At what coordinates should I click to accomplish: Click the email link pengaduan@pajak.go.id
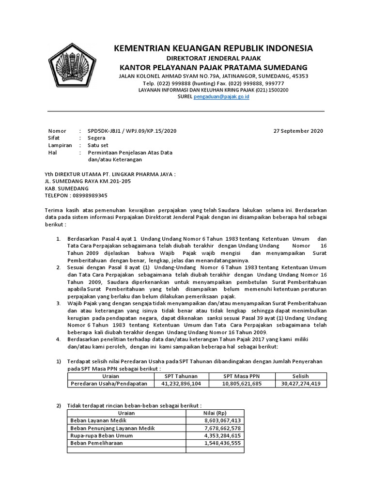point(221,97)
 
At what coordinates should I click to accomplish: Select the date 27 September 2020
point(298,131)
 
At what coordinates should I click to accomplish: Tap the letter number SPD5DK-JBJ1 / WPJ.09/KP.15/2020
point(132,131)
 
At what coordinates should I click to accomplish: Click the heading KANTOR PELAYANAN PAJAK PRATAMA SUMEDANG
point(214,67)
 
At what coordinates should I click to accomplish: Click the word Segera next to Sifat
point(96,138)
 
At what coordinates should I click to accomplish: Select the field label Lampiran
point(60,145)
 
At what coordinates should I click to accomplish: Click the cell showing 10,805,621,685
point(248,383)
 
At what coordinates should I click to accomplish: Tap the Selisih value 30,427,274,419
point(300,383)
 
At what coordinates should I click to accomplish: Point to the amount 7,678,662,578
point(219,428)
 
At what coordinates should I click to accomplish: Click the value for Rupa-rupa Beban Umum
point(219,435)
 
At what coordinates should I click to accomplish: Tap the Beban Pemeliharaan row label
point(96,443)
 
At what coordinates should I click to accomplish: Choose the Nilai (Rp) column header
point(215,413)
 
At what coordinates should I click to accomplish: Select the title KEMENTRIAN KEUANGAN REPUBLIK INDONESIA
point(213,48)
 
